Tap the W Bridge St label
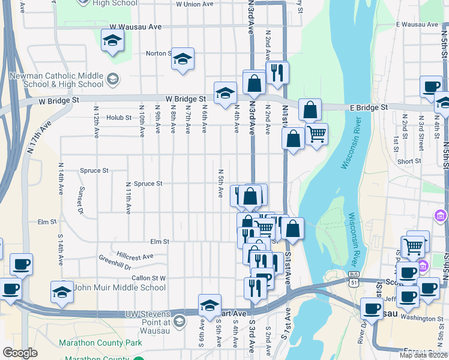[x=186, y=99]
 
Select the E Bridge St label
[x=368, y=107]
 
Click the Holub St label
[x=119, y=118]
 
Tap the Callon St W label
[x=148, y=278]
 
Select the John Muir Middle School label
[x=119, y=287]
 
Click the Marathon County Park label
[x=100, y=343]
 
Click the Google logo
[x=20, y=353]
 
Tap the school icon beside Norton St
[x=183, y=58]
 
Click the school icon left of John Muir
[x=62, y=292]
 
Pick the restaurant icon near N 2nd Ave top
[x=277, y=73]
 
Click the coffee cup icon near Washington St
[x=371, y=308]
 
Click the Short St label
[x=409, y=161]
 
